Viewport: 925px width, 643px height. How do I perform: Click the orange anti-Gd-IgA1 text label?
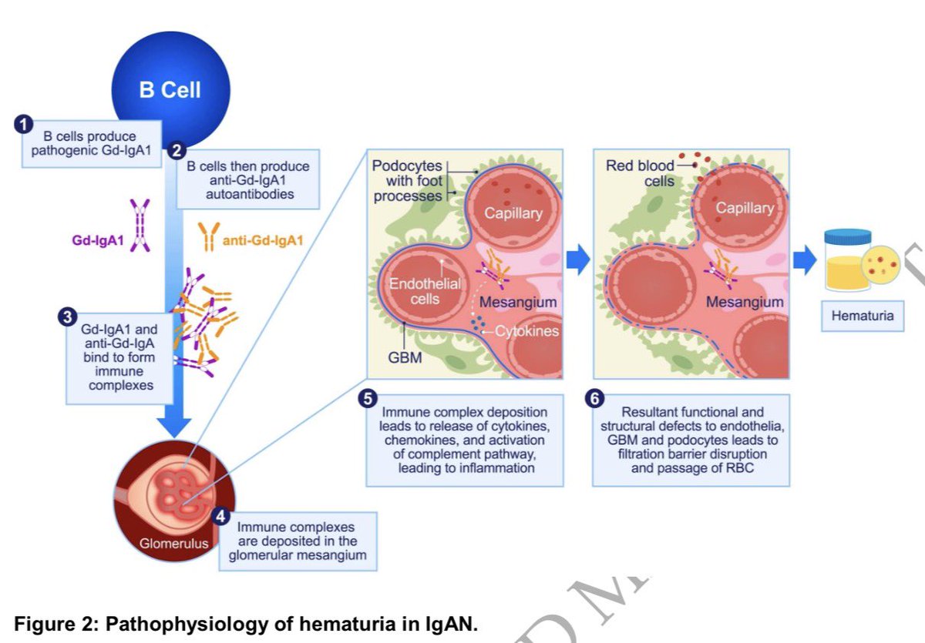click(x=263, y=241)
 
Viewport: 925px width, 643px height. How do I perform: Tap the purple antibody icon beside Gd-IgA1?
click(x=140, y=226)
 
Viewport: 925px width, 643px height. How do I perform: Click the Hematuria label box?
click(x=862, y=316)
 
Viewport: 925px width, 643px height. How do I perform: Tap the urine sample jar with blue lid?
click(x=847, y=260)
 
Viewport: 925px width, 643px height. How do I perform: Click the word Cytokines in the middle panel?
click(x=526, y=330)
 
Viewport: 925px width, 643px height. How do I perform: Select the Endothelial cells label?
click(x=425, y=290)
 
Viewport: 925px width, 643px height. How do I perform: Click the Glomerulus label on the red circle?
click(x=173, y=543)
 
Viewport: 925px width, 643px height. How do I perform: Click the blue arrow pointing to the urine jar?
click(x=805, y=261)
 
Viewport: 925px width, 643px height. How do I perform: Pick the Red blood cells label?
click(x=640, y=173)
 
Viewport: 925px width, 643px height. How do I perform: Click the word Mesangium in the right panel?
click(x=745, y=302)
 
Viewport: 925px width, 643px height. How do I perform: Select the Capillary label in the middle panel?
click(x=513, y=213)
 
